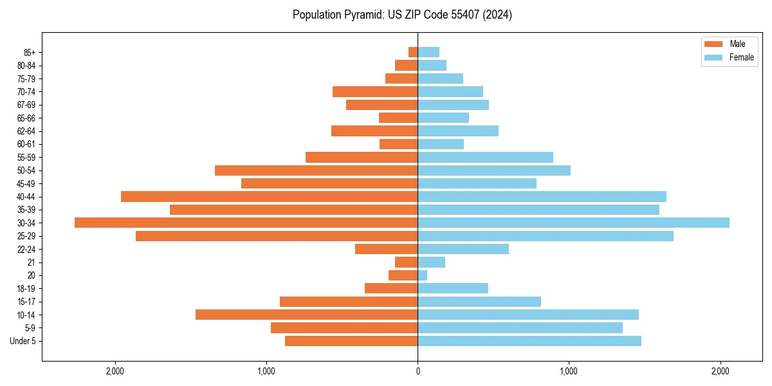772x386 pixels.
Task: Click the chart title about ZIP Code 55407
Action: point(402,15)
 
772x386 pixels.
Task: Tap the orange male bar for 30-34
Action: point(246,223)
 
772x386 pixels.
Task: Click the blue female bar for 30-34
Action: point(573,223)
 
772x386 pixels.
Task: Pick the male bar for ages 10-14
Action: point(306,315)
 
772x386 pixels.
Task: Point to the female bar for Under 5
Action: point(529,341)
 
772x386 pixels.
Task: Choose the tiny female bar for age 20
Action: point(423,275)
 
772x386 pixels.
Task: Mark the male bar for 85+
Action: point(413,52)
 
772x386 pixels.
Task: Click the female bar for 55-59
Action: point(485,157)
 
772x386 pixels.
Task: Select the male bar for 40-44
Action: point(269,196)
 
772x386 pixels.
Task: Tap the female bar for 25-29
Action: point(546,236)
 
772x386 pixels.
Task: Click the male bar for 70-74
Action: point(375,91)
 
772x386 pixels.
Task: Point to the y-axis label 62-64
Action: point(26,131)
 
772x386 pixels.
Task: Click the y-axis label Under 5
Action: point(23,341)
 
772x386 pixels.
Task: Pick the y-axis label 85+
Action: point(30,52)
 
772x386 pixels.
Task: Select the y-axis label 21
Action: point(32,262)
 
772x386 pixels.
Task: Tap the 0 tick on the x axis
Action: point(418,371)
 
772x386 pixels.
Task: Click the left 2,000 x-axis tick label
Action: point(115,371)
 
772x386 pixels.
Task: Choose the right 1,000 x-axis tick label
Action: point(569,371)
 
